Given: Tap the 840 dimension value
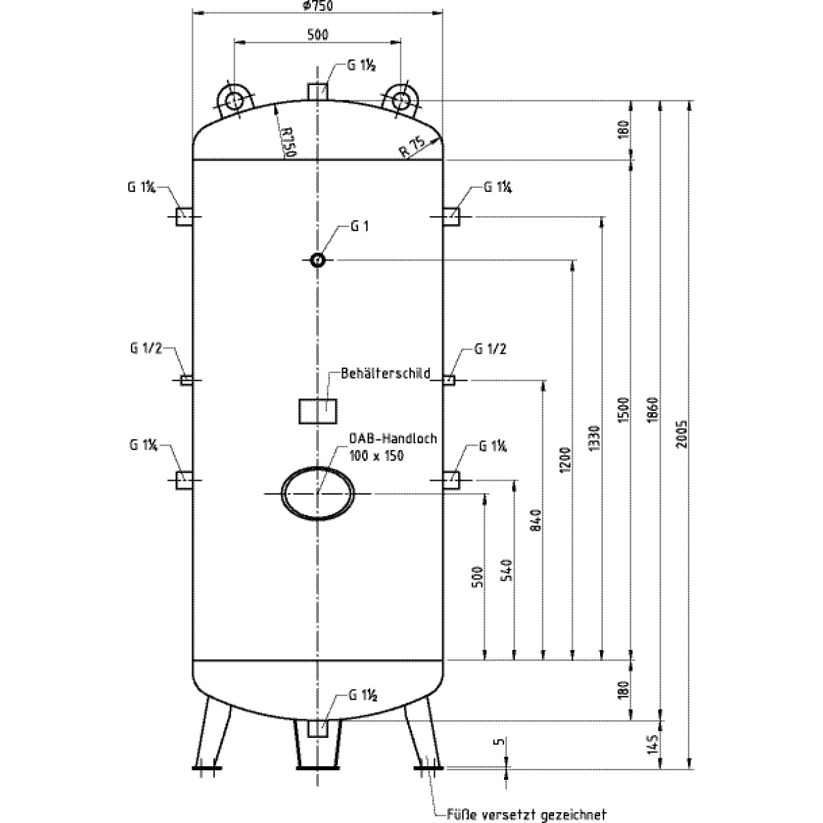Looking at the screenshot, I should pos(536,520).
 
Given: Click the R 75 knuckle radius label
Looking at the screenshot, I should pos(414,147).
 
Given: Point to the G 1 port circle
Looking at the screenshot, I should pos(317,260).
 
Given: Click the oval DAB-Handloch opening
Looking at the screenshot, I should pos(318,494).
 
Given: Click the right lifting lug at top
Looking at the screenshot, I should pos(401,100).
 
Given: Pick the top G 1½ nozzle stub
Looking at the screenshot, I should pos(317,91).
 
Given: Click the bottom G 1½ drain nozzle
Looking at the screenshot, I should pos(317,728).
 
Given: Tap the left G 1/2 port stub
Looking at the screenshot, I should pos(185,380).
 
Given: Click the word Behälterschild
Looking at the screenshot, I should pos(385,374).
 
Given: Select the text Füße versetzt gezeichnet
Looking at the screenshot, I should pos(527,815).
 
